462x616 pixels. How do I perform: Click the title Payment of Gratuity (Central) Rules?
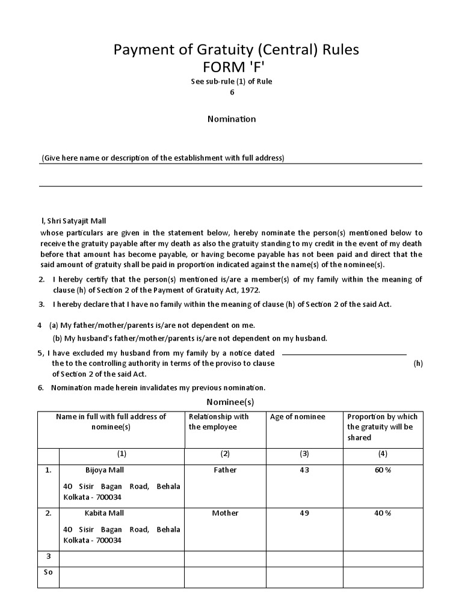coord(236,49)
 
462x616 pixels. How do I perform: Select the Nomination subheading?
coord(232,119)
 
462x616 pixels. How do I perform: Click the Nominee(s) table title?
coord(230,401)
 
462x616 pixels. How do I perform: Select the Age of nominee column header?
coord(298,417)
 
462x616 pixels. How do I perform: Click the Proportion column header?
coord(382,427)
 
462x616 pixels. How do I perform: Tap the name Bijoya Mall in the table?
coord(105,470)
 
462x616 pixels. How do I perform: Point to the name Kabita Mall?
coord(105,513)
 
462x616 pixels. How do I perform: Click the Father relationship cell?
coord(225,470)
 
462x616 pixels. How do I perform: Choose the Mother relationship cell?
coord(225,513)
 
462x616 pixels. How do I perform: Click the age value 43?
coord(304,470)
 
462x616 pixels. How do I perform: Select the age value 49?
coord(304,513)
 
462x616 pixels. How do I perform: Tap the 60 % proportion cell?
coord(383,470)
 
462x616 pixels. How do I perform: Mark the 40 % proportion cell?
coord(383,513)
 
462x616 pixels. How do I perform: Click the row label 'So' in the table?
coord(48,572)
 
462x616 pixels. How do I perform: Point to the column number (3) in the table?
coord(304,454)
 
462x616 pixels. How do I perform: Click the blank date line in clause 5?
coord(344,355)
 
